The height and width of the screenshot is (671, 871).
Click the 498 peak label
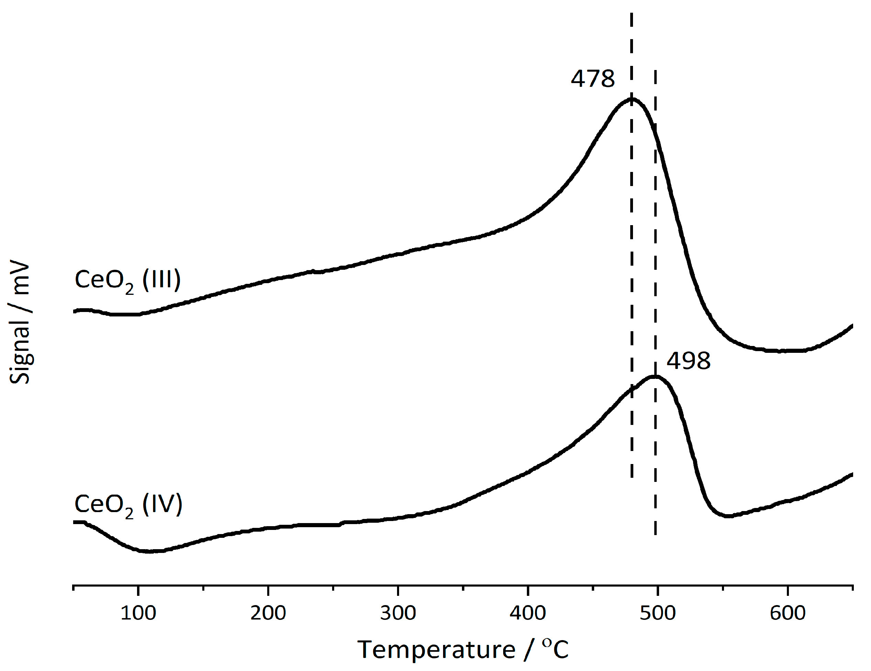pyautogui.click(x=688, y=361)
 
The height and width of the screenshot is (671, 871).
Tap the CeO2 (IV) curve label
pyautogui.click(x=128, y=505)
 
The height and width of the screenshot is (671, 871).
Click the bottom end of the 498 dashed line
pyautogui.click(x=655, y=534)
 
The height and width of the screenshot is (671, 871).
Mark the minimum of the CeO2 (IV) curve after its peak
pyautogui.click(x=728, y=516)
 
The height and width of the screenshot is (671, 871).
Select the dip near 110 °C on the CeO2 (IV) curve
pyautogui.click(x=149, y=552)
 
